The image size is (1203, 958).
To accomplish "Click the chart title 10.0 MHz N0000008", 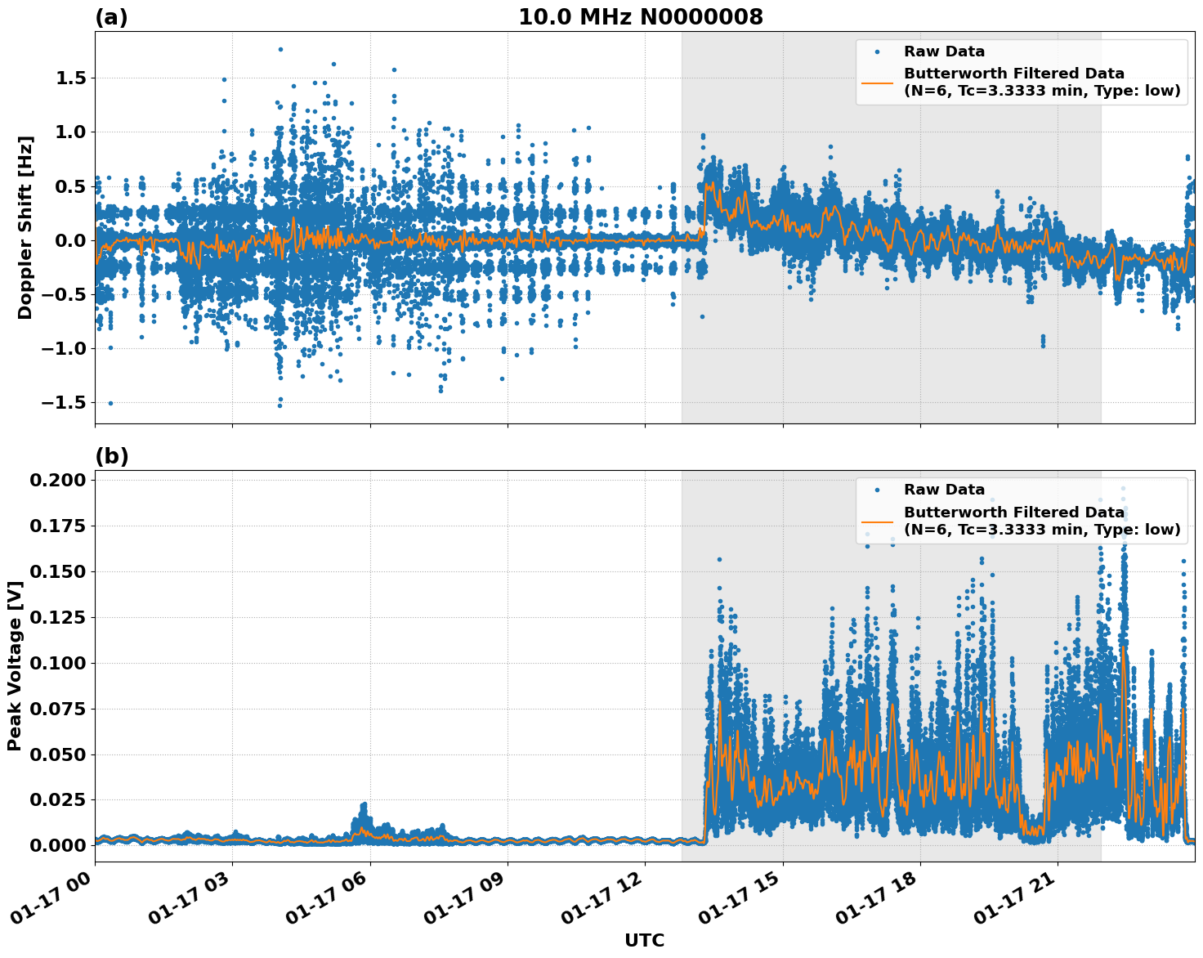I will coord(640,17).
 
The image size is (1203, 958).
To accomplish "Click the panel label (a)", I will coord(111,17).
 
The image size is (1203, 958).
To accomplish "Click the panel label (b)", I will coord(111,456).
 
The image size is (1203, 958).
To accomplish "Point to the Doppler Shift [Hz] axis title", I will coord(25,227).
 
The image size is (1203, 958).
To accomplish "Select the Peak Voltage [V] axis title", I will coord(14,665).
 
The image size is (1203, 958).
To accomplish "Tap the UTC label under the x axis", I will coord(644,940).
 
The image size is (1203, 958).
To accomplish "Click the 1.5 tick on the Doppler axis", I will coord(69,78).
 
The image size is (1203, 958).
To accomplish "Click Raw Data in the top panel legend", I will coord(944,51).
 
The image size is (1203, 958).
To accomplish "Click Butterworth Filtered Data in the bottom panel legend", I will coord(1013,513).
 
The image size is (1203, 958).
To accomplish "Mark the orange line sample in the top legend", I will coord(878,82).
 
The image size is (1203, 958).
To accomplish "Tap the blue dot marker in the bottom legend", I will coord(878,490).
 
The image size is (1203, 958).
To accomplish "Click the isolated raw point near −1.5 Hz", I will coord(110,403).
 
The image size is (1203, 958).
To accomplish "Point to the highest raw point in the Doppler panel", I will coord(280,49).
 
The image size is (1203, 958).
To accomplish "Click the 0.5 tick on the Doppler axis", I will coord(69,186).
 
